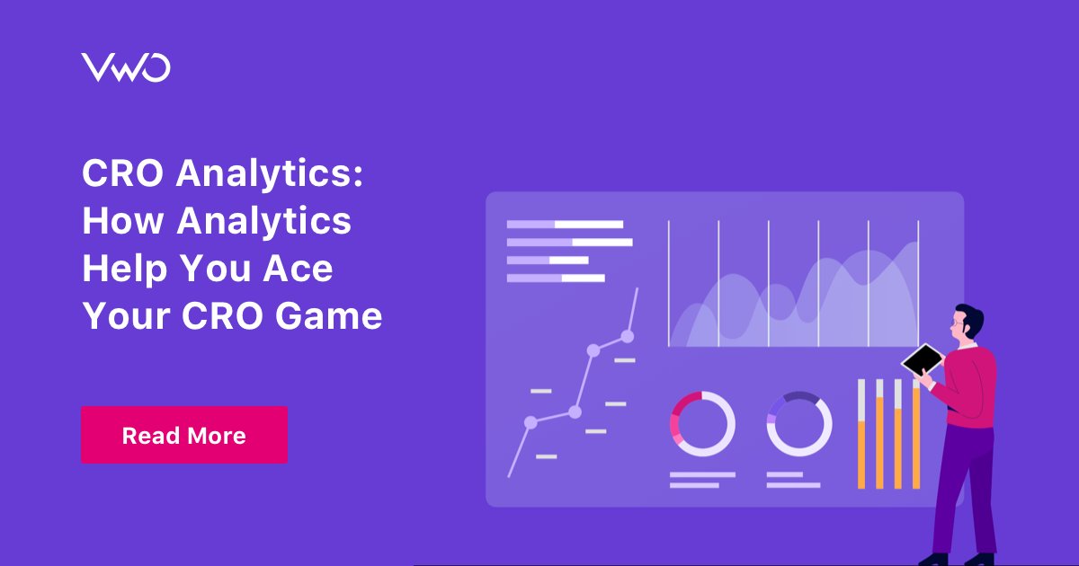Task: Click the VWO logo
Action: pos(126,68)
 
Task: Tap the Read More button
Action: pos(184,435)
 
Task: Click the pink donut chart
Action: pos(702,423)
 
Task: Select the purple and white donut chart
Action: pos(798,423)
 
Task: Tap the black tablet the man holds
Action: pos(923,360)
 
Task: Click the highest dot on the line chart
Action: pos(628,336)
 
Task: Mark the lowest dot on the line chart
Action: pos(531,421)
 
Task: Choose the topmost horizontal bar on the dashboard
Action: pos(565,224)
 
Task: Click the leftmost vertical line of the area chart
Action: pos(669,283)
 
